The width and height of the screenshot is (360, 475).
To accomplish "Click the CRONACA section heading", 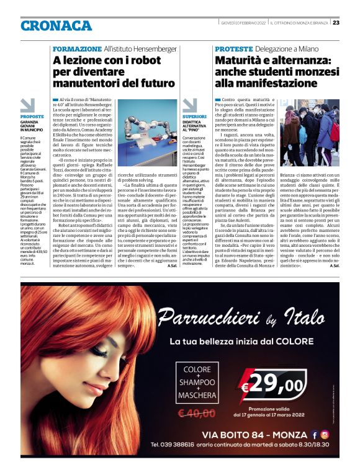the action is point(56,25).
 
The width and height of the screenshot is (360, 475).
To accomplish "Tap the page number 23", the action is point(336,23).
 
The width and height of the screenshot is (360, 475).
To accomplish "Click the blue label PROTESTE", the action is point(234,48).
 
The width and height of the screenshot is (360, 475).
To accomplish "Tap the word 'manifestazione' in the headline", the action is point(263,83).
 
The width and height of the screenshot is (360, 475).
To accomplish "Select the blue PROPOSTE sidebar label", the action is point(32,117).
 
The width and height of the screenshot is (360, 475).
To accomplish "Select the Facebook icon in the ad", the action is point(314,434).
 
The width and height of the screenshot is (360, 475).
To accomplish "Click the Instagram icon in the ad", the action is point(325,434).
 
